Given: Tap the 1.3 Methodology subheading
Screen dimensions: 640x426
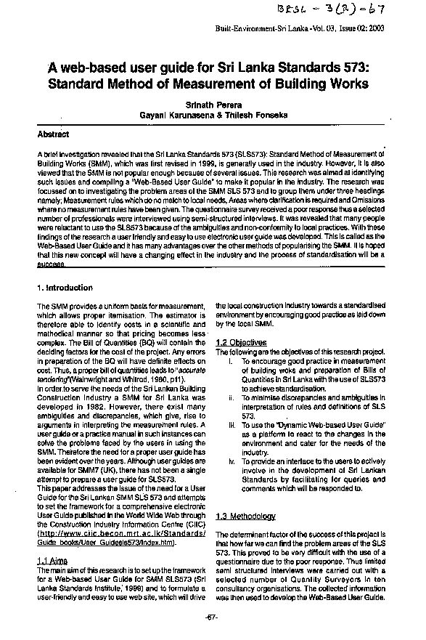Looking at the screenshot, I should coord(246,517).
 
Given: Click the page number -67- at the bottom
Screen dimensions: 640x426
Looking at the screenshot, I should coord(211,617).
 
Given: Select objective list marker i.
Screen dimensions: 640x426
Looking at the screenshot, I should coord(230,360).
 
